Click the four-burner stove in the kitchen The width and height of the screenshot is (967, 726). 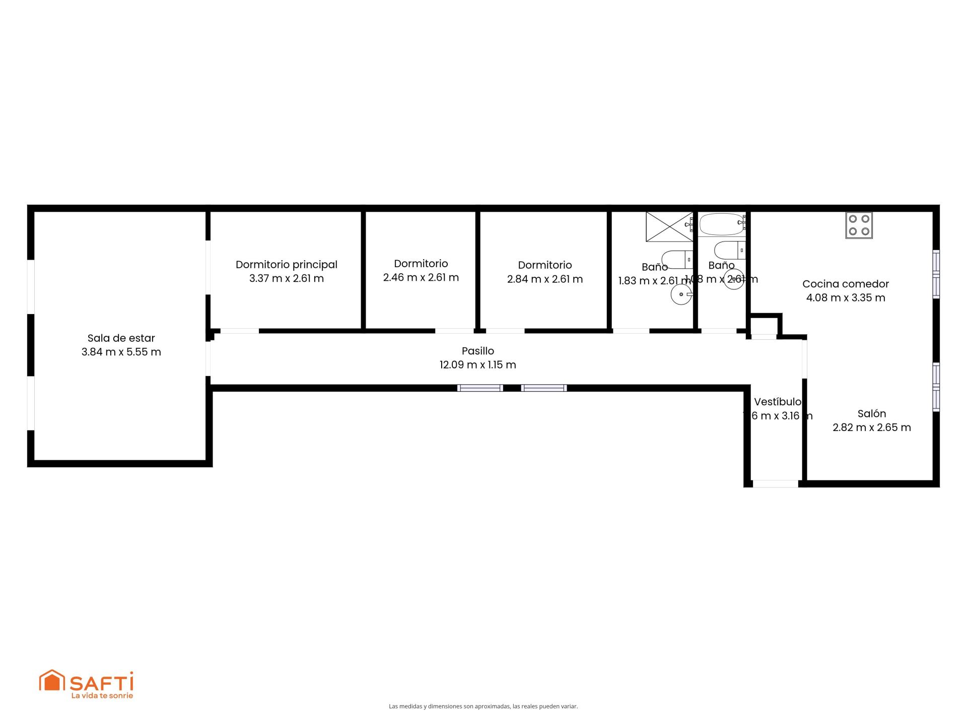pyautogui.click(x=859, y=225)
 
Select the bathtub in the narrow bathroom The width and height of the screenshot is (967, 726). pyautogui.click(x=721, y=224)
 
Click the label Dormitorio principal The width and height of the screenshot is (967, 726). pyautogui.click(x=286, y=264)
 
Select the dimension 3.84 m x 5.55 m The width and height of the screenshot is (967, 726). pyautogui.click(x=121, y=352)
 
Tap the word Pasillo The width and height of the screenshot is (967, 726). pyautogui.click(x=477, y=351)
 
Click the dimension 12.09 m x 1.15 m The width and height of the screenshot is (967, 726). pyautogui.click(x=477, y=365)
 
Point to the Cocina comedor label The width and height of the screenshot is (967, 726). pyautogui.click(x=845, y=284)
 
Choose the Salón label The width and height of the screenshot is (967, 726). pyautogui.click(x=871, y=413)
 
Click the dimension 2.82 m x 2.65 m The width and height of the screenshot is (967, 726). pyautogui.click(x=871, y=428)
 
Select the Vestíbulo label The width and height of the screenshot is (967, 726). pyautogui.click(x=777, y=402)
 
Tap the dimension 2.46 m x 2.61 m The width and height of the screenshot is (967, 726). pyautogui.click(x=421, y=277)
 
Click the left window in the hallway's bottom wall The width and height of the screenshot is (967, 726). pyautogui.click(x=480, y=388)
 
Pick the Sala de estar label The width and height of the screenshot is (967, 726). pyautogui.click(x=121, y=338)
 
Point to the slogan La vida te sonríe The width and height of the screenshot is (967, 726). pyautogui.click(x=102, y=696)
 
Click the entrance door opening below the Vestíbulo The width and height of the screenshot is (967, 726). pyautogui.click(x=775, y=483)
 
